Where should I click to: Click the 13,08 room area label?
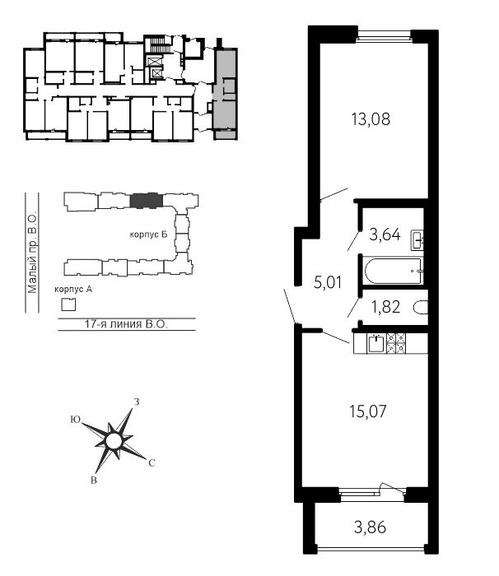pos(371,119)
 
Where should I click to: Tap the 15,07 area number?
pos(368,411)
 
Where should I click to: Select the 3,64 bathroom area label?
pos(385,235)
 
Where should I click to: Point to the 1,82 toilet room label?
pos(385,307)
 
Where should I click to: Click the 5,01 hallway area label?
pos(328,282)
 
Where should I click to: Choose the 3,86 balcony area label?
pos(370,527)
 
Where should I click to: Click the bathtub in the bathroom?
pos(393,271)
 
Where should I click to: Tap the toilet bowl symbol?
pos(421,308)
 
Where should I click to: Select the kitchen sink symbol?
pos(375,343)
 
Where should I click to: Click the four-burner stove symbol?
pos(396,343)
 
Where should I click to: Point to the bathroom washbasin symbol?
pos(417,240)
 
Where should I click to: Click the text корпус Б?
pos(148,235)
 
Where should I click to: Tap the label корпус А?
pos(73,289)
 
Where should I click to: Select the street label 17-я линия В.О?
pos(126,324)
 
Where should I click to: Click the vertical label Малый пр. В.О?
pos(32,252)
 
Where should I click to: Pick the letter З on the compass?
pos(137,402)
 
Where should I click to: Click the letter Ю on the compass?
pos(76,420)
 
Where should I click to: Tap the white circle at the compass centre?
pos(113,441)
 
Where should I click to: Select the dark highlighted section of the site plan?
pos(146,201)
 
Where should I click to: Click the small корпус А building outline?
pos(68,304)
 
